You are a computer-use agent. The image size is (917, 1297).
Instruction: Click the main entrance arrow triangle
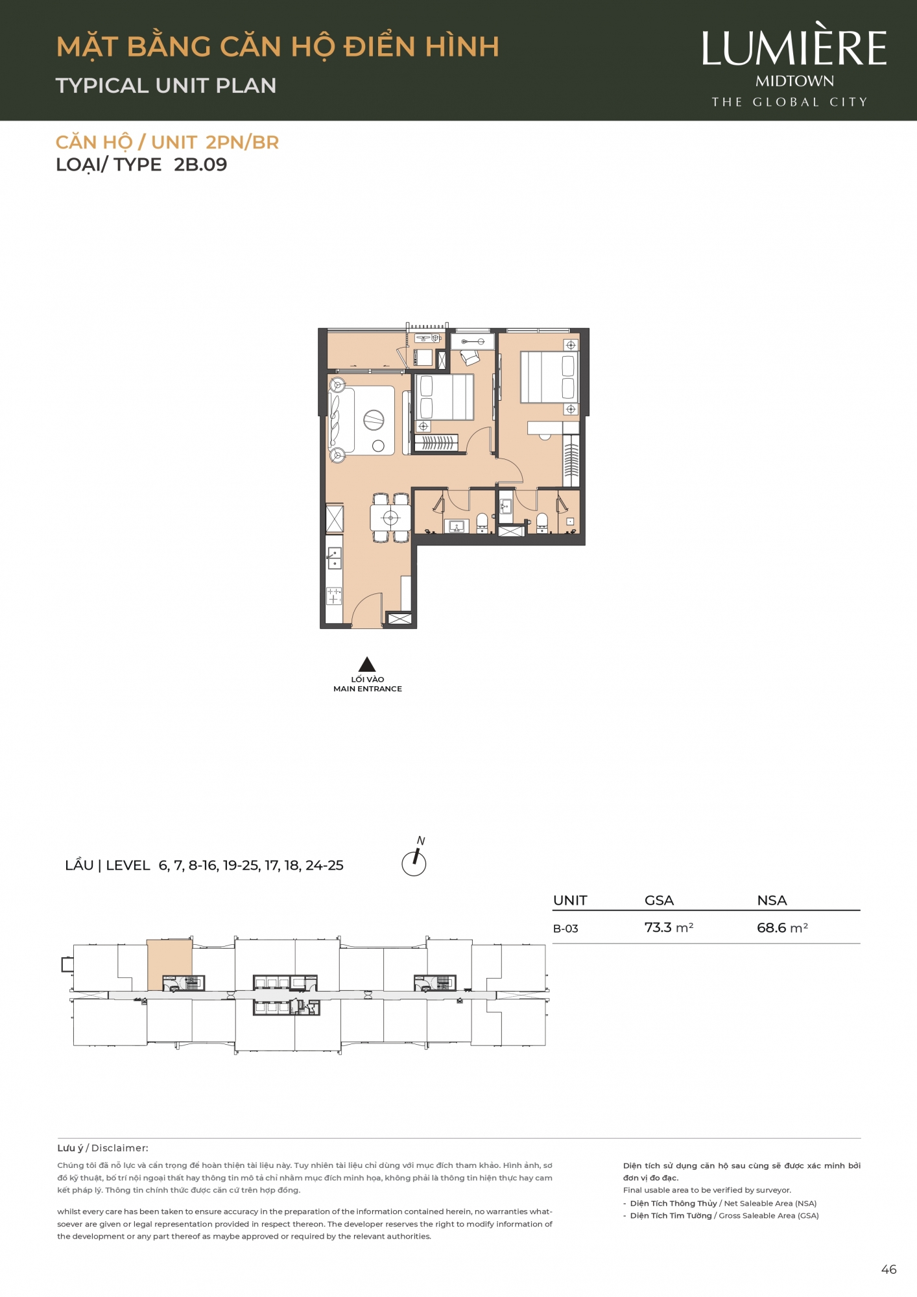point(367,665)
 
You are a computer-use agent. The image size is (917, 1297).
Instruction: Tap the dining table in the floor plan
point(390,518)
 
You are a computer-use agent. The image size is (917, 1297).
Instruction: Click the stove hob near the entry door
point(334,596)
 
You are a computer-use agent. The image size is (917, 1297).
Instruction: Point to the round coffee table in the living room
point(374,420)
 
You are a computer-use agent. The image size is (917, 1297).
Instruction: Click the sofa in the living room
point(342,420)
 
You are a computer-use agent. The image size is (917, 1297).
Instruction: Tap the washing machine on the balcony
point(424,357)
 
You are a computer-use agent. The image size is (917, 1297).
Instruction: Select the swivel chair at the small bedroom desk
point(469,357)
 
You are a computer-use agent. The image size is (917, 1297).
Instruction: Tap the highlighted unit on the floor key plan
point(169,964)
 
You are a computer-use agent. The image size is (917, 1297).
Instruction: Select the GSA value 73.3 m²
point(669,927)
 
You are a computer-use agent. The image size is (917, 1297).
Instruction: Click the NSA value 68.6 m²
point(782,927)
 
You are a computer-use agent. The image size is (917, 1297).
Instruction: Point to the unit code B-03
point(566,929)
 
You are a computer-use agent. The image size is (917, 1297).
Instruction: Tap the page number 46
point(888,1270)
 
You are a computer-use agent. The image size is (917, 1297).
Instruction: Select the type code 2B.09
point(200,165)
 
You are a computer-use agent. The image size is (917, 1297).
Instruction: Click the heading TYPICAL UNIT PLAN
point(166,86)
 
